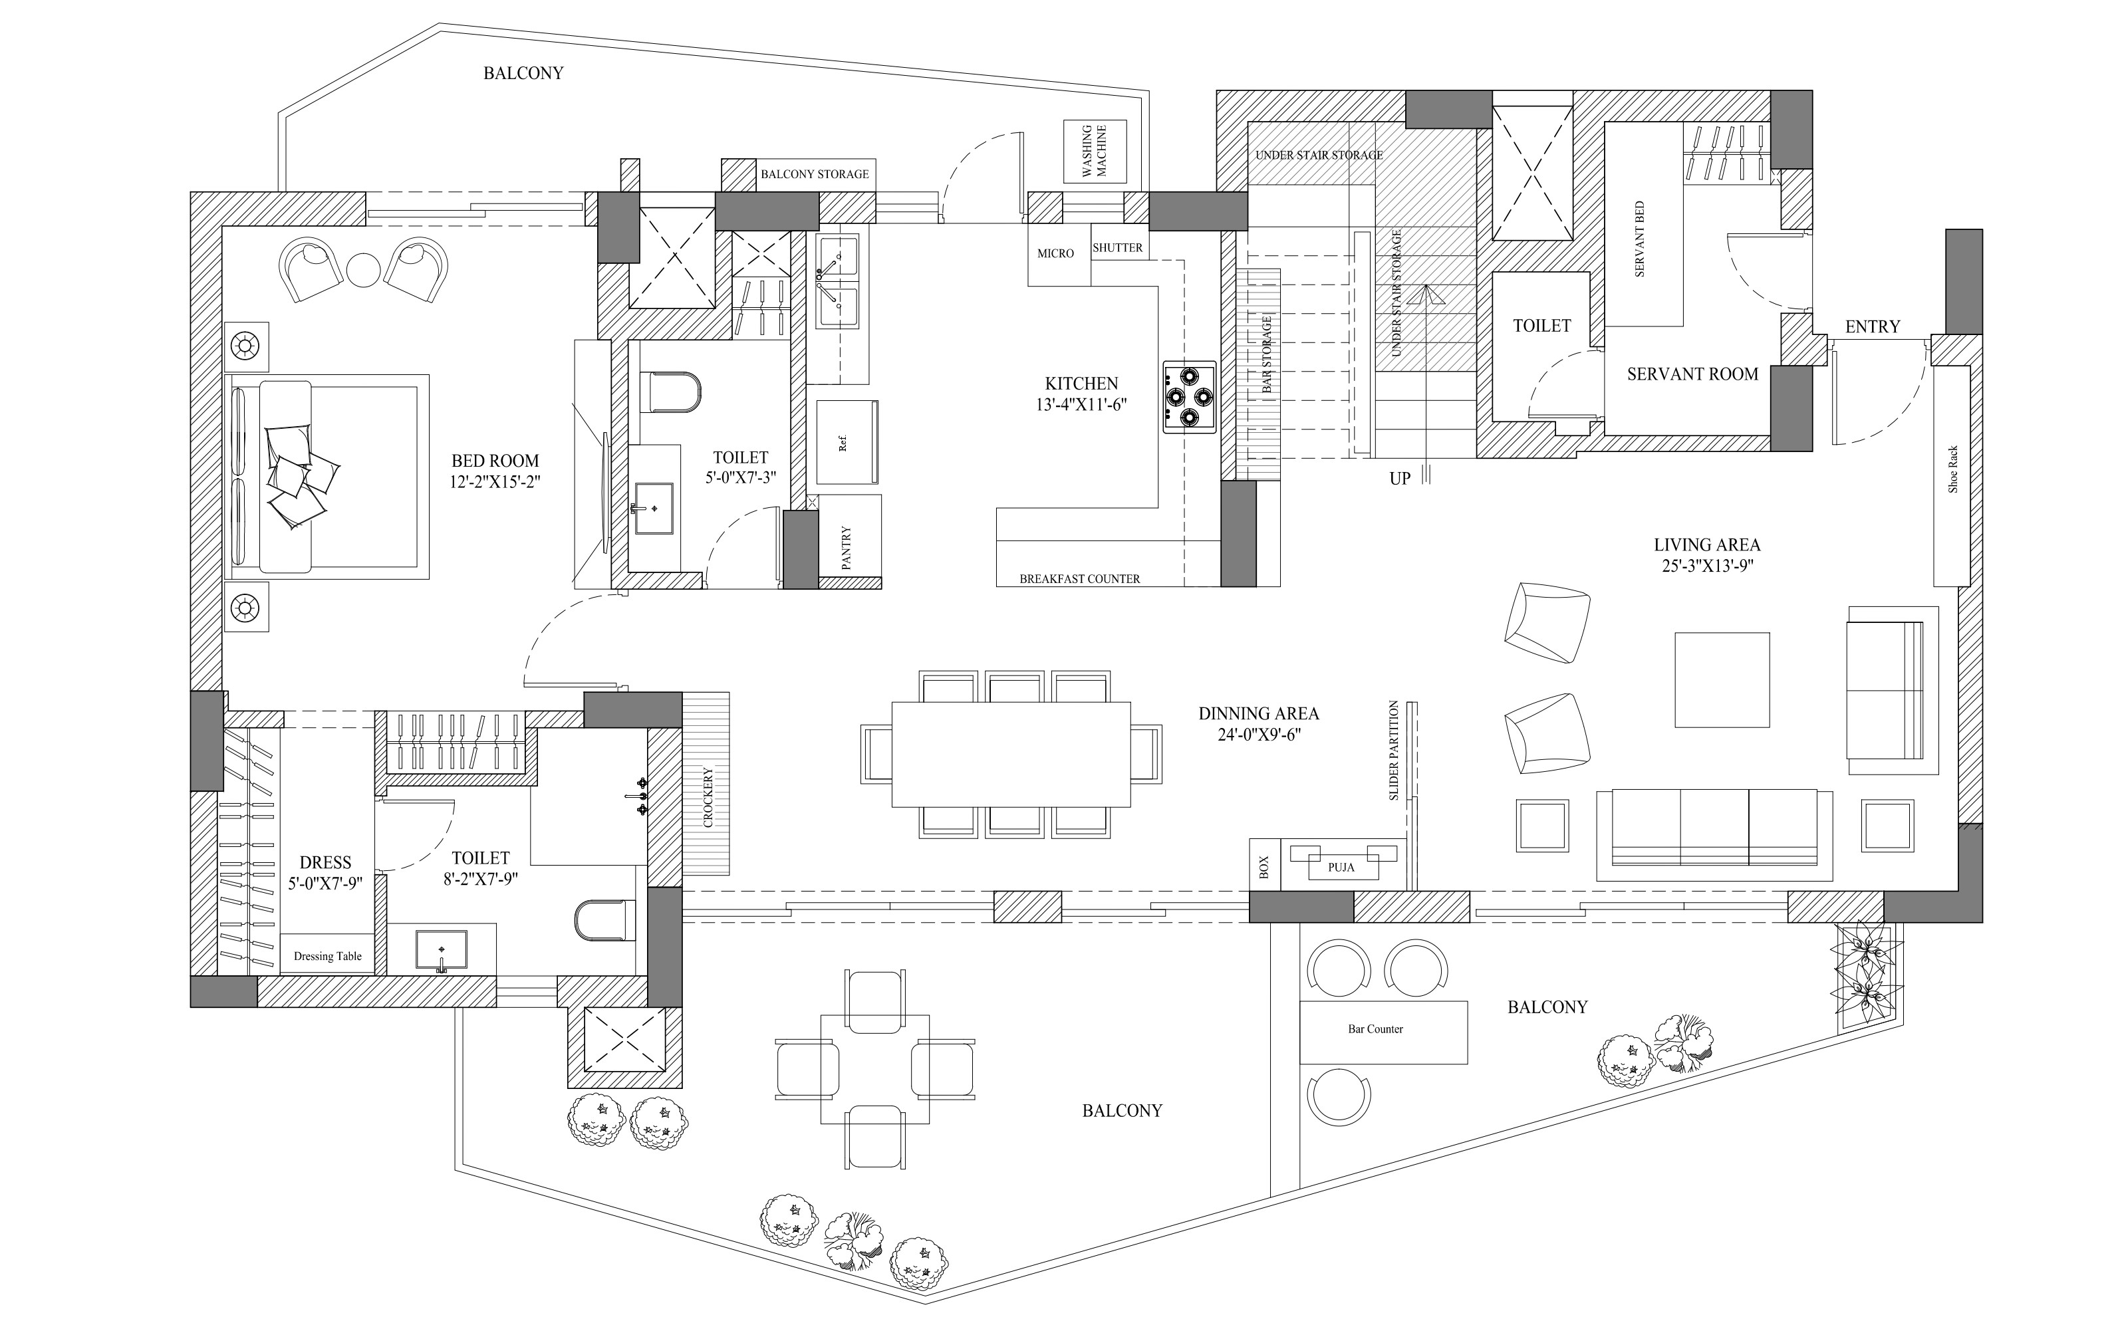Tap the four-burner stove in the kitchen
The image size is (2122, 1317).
coord(1189,397)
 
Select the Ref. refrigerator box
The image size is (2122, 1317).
coord(845,443)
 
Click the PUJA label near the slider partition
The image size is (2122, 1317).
coord(1341,867)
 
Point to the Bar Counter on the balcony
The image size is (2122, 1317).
coord(1383,1031)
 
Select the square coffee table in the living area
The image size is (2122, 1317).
coord(1722,679)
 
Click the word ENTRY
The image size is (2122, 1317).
coord(1872,326)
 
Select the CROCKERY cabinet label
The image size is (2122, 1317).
coord(708,796)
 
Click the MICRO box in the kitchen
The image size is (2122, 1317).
coord(1056,253)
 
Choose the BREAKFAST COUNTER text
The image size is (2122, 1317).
coord(1079,578)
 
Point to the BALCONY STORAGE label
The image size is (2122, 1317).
coord(815,174)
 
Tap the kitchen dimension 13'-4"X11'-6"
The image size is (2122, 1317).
coord(1081,404)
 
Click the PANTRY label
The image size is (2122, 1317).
coord(846,548)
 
